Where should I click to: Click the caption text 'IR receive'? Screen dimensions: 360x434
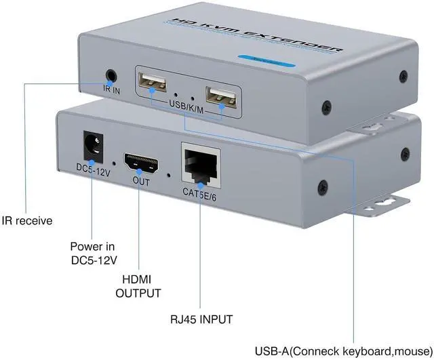point(26,220)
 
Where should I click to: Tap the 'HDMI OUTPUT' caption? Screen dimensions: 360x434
point(138,287)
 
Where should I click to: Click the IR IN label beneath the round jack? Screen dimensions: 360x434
point(111,89)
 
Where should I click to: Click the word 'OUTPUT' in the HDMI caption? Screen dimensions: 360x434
point(138,293)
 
